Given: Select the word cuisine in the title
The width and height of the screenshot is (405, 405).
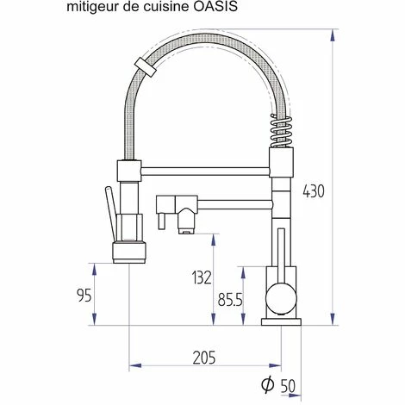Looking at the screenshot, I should pos(168,8).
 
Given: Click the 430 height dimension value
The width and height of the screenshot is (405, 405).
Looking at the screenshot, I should pos(314,191).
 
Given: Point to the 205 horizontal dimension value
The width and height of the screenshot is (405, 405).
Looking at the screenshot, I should pos(203,357).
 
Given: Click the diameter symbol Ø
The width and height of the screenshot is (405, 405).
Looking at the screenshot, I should pos(268,385).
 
